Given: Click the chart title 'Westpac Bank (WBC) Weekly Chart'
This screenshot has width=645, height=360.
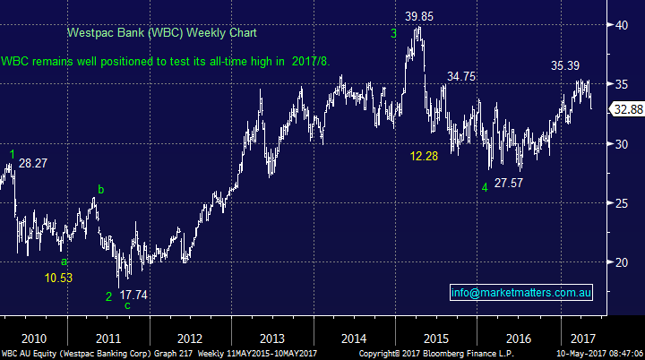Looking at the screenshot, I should [x=161, y=34].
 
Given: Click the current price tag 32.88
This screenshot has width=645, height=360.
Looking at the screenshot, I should [x=624, y=109].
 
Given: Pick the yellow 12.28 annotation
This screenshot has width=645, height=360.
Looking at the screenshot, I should [x=427, y=158].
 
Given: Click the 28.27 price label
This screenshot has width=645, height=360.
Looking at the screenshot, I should [x=34, y=163].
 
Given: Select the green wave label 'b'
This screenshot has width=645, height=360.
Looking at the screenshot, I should [x=100, y=189].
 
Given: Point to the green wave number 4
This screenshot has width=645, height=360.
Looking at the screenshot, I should [x=484, y=186].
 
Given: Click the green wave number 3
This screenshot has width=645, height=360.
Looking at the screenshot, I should [x=393, y=34].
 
